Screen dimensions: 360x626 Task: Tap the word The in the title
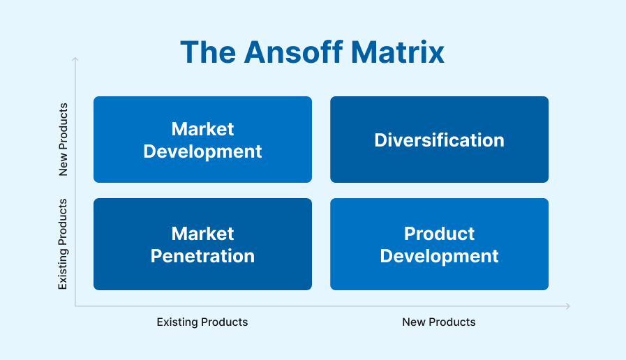[205, 52]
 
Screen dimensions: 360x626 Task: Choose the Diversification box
[439, 140]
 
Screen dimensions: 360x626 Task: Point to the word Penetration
[202, 256]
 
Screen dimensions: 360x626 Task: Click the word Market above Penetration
[202, 234]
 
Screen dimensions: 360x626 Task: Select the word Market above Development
[202, 129]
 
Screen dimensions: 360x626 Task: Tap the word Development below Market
[202, 151]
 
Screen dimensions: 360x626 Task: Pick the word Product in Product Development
[439, 234]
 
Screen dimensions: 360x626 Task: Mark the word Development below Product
[439, 256]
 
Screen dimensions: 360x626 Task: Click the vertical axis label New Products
[64, 140]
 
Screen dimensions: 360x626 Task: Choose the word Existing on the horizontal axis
[177, 322]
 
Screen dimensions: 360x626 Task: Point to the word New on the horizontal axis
[413, 322]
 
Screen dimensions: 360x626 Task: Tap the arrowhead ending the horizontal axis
[568, 306]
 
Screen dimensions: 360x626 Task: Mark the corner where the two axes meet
[75, 306]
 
